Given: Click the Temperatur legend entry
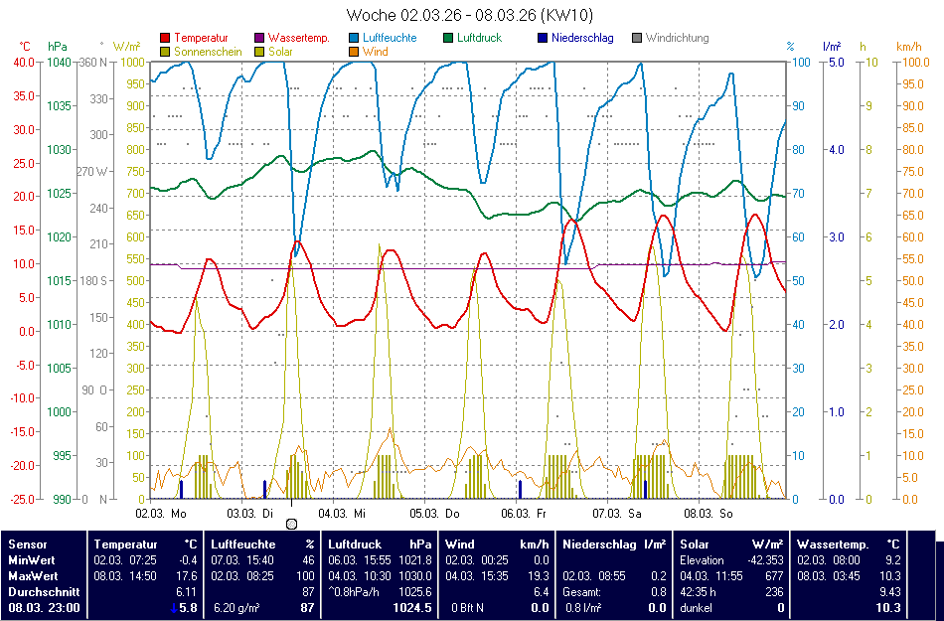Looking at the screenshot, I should tap(200, 38).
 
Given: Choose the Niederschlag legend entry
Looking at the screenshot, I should tap(582, 38).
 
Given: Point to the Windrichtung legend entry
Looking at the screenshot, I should tap(677, 38).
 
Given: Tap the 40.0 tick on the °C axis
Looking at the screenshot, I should tap(23, 62).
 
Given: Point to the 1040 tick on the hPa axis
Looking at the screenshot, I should tap(59, 62).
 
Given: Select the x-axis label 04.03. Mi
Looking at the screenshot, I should tap(341, 514).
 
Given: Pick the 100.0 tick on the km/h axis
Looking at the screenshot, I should tap(913, 62).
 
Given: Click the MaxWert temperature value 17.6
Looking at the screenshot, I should tap(187, 575).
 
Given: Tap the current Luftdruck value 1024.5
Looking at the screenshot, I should tap(411, 607).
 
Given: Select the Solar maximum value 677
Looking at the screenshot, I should tap(773, 575).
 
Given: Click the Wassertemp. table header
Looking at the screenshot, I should tap(833, 543).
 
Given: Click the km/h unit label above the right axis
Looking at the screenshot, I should tap(907, 46).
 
